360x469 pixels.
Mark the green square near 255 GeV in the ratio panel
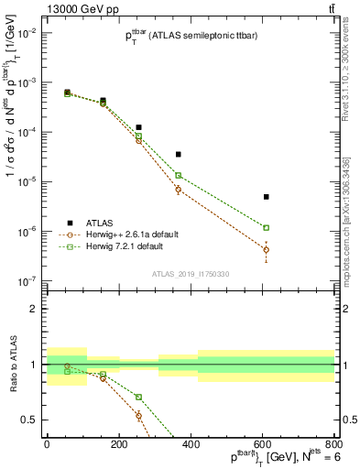pos(138,397)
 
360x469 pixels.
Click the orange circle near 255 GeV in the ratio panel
pos(138,415)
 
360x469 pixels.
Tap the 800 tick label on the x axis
pos(333,444)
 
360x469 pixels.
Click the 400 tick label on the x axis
pos(191,444)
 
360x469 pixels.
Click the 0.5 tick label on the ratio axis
pos(28,420)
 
